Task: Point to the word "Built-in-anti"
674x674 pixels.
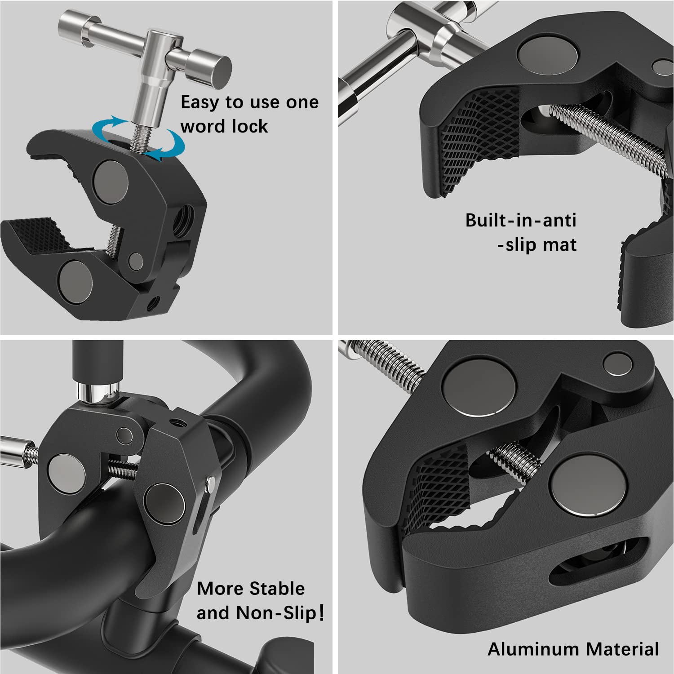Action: click(520, 221)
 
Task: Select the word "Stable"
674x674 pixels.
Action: click(277, 589)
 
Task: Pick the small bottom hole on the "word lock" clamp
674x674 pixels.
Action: click(154, 302)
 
